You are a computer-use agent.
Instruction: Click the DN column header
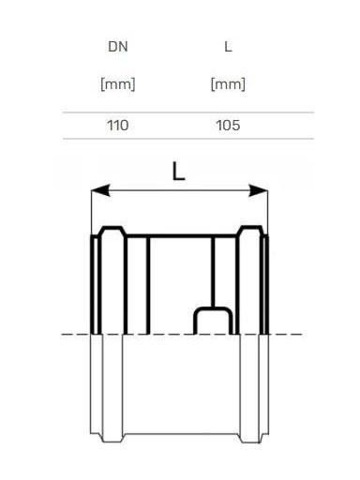coord(118,47)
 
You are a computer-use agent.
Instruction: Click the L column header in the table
coord(228,47)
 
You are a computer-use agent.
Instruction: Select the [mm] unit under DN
coord(118,84)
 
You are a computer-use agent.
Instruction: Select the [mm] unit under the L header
coord(228,84)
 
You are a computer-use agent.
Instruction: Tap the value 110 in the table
coord(118,126)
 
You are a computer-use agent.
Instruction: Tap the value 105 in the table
coord(228,126)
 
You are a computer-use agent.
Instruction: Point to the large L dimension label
coord(179,172)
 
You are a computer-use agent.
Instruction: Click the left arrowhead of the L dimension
coord(100,190)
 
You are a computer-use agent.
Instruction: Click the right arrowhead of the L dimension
coord(258,190)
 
